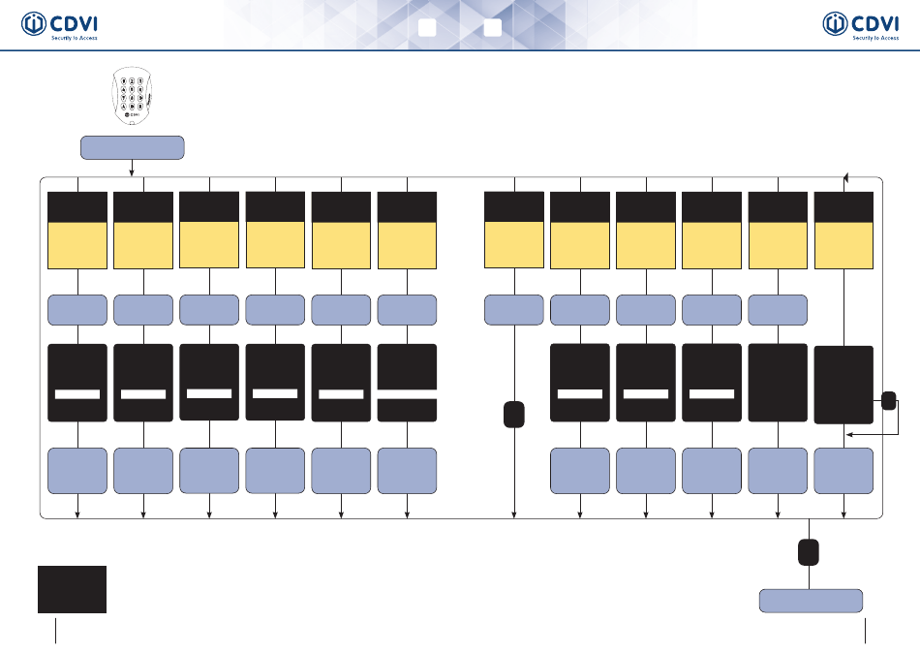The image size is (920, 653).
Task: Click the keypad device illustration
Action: tap(131, 97)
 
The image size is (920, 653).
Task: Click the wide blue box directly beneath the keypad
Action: tap(132, 148)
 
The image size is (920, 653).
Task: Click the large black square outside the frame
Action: tap(72, 589)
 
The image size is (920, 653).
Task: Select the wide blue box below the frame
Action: tap(812, 601)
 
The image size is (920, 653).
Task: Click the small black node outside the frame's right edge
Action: tap(889, 400)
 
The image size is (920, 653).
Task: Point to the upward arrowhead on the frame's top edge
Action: tap(845, 175)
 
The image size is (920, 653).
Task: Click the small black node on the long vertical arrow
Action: tap(514, 414)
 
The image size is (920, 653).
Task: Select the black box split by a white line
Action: tap(407, 383)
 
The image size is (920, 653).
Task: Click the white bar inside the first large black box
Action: tap(77, 394)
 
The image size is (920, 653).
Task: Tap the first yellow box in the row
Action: tap(77, 245)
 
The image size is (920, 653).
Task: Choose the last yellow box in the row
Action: tap(844, 245)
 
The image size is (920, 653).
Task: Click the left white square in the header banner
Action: tap(426, 27)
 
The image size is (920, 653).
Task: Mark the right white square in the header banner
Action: tap(492, 27)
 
